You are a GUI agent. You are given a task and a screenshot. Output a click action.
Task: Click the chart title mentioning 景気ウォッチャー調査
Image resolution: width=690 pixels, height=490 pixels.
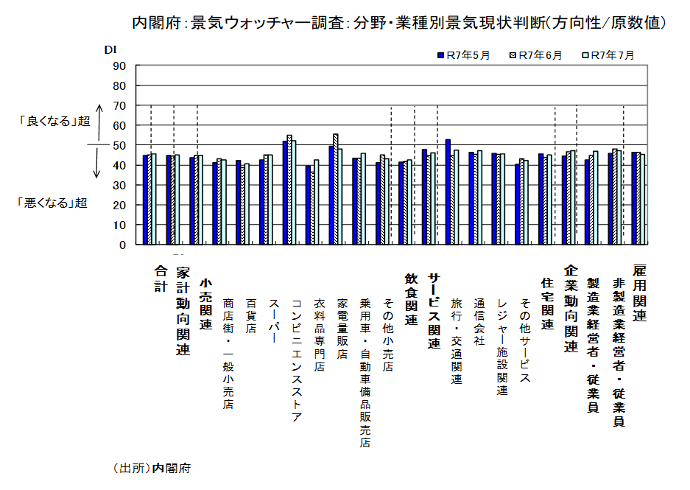[398, 23]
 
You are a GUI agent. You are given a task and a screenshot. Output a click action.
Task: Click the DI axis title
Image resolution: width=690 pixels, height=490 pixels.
[110, 49]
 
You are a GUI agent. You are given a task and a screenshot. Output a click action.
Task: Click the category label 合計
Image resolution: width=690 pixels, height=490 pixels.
[160, 278]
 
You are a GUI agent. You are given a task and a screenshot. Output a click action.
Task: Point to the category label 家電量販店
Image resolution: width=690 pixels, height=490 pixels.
[342, 328]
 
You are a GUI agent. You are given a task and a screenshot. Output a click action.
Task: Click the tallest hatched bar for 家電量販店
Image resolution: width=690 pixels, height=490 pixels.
[336, 189]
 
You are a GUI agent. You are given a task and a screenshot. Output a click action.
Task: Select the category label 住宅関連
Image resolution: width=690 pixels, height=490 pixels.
[546, 303]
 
